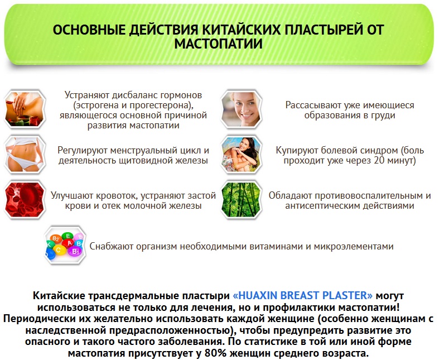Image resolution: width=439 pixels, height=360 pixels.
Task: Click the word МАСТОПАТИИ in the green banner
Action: click(218, 44)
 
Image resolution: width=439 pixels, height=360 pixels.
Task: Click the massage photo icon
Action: click(25, 109)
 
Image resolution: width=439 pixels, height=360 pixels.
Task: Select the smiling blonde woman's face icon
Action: click(242, 109)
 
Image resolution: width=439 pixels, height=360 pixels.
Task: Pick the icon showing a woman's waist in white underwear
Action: click(25, 155)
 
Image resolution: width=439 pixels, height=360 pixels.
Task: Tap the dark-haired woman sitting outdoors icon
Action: click(242, 155)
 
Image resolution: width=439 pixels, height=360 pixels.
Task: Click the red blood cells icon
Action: click(25, 200)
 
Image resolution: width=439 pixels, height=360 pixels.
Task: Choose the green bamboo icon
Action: click(242, 200)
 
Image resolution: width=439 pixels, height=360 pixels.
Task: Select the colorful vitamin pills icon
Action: click(65, 246)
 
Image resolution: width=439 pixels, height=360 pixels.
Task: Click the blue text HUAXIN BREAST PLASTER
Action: click(303, 296)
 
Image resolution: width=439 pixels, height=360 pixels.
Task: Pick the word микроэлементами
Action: click(354, 247)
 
